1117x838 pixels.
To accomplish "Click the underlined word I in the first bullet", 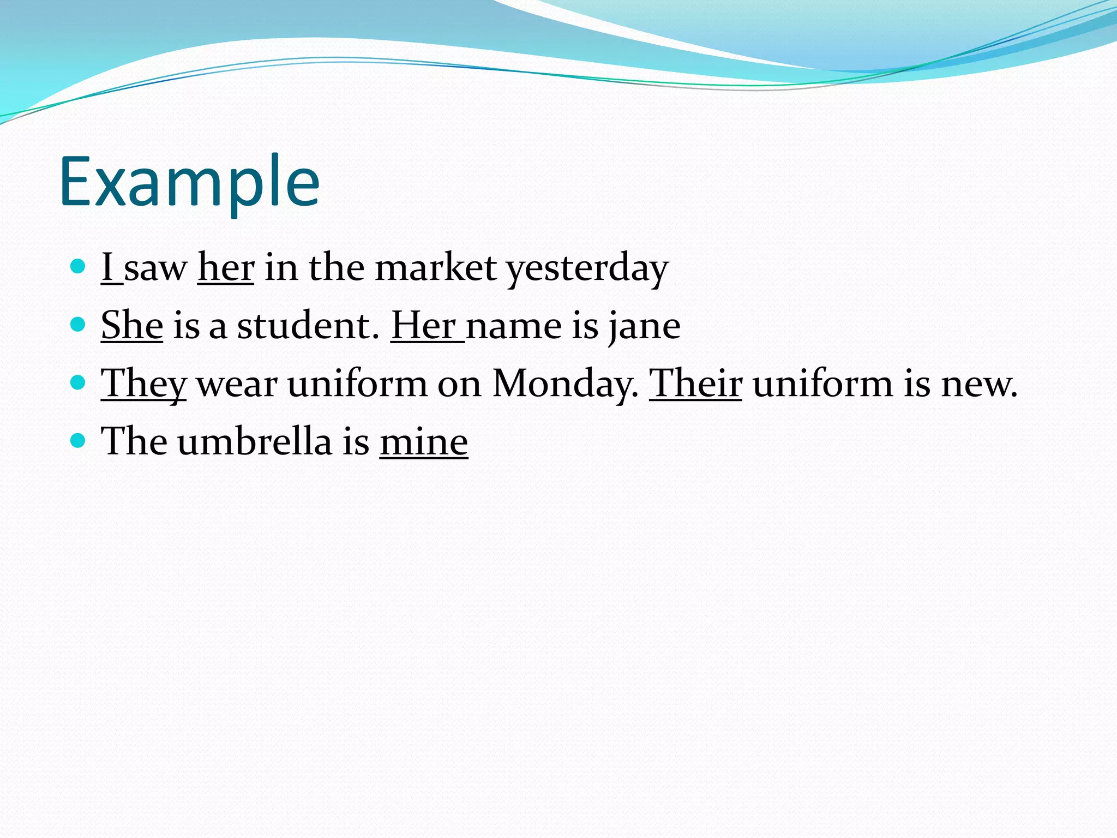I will [x=107, y=268].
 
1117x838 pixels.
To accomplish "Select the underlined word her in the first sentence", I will [x=225, y=268].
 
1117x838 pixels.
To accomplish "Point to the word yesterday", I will [x=587, y=269].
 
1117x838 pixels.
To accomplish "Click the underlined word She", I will [x=132, y=326].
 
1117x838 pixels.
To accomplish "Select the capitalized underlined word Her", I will [x=424, y=326].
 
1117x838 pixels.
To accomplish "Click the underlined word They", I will [x=143, y=384].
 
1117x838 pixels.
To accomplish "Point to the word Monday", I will [x=564, y=384].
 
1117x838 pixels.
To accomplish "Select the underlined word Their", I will [x=695, y=384].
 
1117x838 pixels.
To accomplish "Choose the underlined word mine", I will [x=424, y=442].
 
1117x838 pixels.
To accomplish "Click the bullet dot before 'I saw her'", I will [x=79, y=266].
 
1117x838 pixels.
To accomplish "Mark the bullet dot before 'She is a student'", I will [x=79, y=325].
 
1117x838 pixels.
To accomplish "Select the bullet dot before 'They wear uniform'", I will [x=79, y=382].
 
